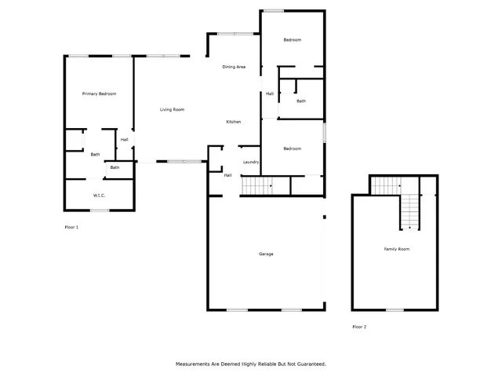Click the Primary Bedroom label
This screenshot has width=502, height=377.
(100, 94)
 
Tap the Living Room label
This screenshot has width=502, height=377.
(172, 109)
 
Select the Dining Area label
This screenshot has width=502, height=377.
(234, 67)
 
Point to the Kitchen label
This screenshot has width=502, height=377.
(233, 122)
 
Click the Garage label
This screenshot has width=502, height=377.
(266, 254)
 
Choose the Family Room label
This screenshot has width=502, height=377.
(396, 249)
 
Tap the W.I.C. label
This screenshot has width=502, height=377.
(99, 196)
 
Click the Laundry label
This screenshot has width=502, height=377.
(251, 162)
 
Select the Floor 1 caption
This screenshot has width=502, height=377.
(71, 227)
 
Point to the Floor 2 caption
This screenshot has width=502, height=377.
(359, 326)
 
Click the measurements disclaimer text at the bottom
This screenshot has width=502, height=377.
(250, 364)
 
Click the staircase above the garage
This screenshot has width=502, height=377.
(255, 186)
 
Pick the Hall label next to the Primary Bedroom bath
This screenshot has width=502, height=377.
(124, 140)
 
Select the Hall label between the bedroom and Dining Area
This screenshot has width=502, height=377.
(269, 93)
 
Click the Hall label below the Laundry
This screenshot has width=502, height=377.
(227, 175)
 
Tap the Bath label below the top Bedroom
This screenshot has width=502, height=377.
(301, 101)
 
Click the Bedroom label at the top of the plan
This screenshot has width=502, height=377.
(292, 40)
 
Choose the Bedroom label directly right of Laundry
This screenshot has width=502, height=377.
(292, 148)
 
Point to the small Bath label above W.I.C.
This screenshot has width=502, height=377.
(115, 167)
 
